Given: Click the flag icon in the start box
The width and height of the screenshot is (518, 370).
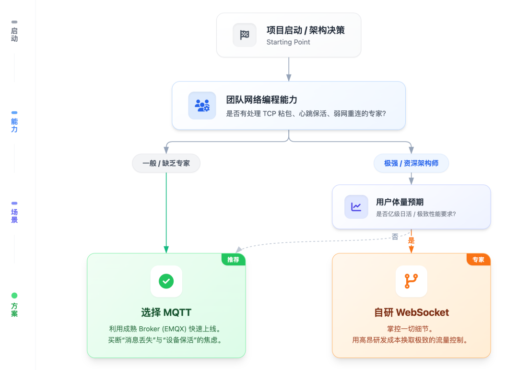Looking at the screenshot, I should click(245, 35).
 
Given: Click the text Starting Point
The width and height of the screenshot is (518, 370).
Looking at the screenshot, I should click(288, 42).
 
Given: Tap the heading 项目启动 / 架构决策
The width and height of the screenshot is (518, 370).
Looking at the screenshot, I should click(306, 30).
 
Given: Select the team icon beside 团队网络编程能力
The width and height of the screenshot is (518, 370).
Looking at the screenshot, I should click(202, 105).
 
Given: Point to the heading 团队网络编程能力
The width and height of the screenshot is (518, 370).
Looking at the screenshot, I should click(262, 100).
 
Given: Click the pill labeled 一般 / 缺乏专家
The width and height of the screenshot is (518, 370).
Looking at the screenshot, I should click(166, 163).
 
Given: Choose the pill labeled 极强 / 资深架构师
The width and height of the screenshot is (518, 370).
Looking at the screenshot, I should click(411, 163).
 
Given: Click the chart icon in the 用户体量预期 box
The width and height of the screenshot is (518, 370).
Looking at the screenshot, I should click(356, 207).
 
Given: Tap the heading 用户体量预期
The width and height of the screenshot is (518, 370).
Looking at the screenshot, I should click(400, 202).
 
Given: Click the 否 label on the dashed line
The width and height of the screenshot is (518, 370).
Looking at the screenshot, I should click(395, 237).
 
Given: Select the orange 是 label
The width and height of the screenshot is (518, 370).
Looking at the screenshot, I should click(411, 240).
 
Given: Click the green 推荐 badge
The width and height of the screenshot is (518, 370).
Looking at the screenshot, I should click(233, 260).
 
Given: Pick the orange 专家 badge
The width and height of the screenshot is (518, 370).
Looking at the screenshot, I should click(478, 260).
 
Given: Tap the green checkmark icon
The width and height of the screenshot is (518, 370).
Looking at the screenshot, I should click(166, 281).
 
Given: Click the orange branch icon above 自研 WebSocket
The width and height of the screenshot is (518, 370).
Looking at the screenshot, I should click(411, 281).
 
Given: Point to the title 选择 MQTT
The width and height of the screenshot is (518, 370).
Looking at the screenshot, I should click(166, 313).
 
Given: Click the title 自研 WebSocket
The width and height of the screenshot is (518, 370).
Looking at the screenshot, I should click(411, 313).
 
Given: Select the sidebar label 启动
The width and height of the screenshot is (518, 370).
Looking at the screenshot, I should click(14, 35).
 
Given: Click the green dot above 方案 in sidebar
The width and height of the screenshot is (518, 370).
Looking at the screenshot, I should click(14, 296).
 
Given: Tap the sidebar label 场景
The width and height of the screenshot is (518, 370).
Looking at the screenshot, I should click(14, 216).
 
